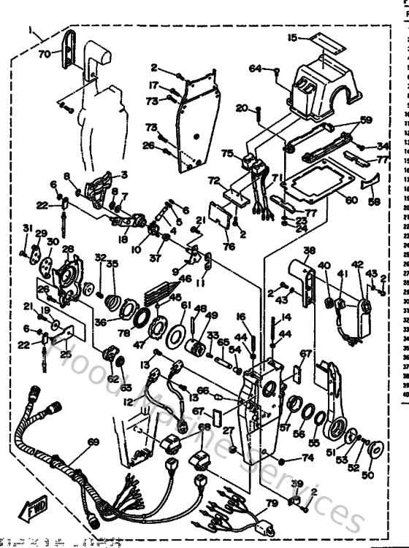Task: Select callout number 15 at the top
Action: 293,37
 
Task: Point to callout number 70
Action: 45,53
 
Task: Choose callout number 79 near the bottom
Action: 271,503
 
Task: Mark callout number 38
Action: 310,250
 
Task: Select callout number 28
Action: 68,250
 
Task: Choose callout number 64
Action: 254,69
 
